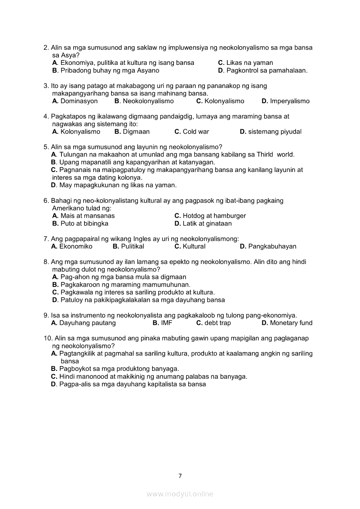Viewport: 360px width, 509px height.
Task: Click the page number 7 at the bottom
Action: point(180,476)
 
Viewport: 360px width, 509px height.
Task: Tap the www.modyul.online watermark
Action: point(180,494)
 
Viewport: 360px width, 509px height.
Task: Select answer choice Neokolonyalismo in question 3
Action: point(144,101)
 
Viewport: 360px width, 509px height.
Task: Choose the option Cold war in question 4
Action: point(192,131)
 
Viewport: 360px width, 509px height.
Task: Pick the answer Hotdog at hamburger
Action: point(210,216)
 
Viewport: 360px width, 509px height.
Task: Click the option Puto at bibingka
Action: point(80,223)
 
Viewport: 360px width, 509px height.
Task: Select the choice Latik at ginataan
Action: point(203,223)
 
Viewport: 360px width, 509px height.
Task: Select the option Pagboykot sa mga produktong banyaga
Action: point(115,369)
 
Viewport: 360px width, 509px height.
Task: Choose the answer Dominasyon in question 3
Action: point(75,101)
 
